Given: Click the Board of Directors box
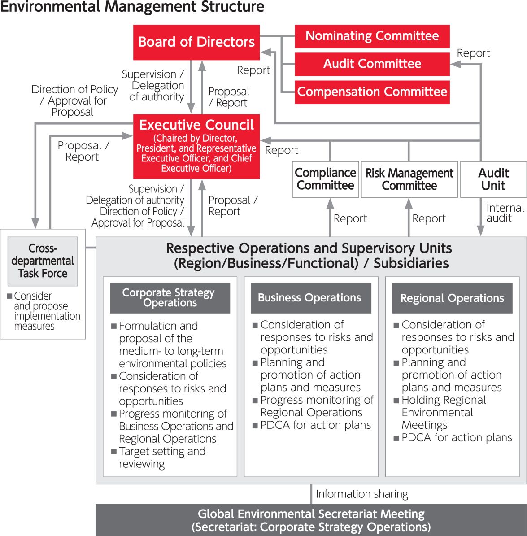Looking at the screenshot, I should (x=196, y=42).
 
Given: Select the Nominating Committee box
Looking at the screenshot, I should (x=372, y=36).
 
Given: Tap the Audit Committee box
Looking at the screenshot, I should (x=372, y=64).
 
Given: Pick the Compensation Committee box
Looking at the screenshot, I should (x=372, y=92).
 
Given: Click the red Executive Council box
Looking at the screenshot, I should (x=196, y=146).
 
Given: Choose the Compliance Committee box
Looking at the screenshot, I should (x=325, y=179).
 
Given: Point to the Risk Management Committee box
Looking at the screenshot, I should (x=409, y=179).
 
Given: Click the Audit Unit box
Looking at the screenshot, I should (x=493, y=179).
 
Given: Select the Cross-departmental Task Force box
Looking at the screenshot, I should (x=43, y=261).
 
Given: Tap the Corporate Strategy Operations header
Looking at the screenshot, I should (x=170, y=298).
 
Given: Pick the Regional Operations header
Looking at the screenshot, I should (x=452, y=298).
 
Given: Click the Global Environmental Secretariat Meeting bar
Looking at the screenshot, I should (x=311, y=520).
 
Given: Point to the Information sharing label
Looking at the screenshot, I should (x=362, y=494).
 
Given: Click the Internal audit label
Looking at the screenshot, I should (x=505, y=213).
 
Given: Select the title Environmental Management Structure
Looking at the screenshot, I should (x=132, y=7).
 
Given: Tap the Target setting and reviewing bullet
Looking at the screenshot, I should (x=161, y=458).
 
